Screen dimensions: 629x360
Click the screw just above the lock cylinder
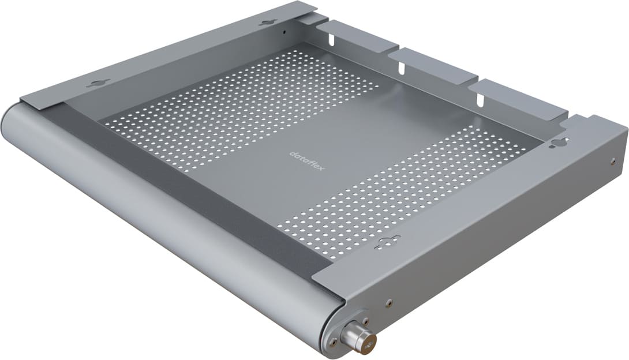365,320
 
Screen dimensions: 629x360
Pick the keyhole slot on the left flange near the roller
98,84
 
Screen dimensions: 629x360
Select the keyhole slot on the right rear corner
559,142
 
